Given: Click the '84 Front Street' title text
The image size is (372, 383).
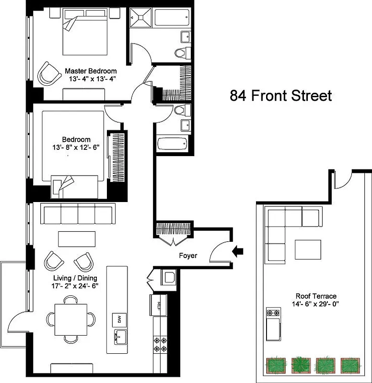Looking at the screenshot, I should tap(280, 95).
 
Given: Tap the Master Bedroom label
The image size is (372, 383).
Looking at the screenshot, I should tap(91, 71).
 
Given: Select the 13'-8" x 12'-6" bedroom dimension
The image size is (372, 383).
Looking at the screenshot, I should tap(72, 148).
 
